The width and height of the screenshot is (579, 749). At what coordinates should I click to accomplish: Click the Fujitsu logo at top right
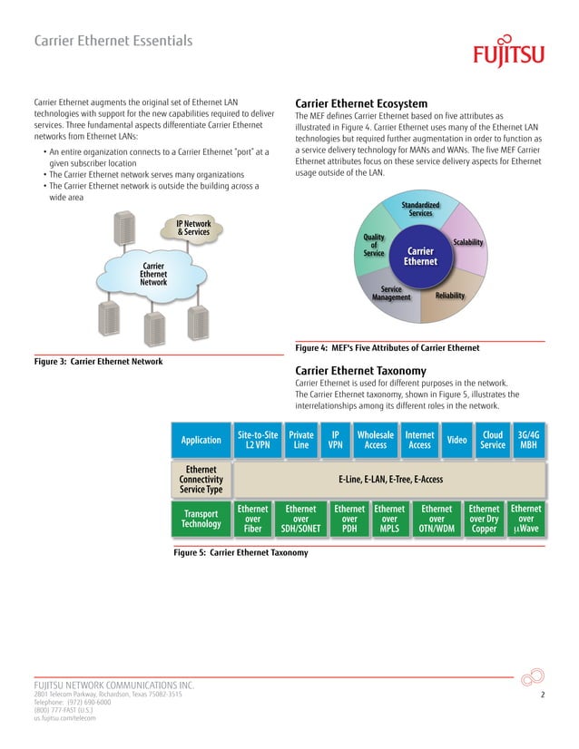click(x=508, y=53)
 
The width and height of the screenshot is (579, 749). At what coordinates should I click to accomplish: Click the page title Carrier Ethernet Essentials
click(x=113, y=41)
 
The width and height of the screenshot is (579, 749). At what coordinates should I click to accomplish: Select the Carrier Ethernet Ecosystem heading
click(x=361, y=103)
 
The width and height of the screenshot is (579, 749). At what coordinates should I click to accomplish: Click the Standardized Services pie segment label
click(x=420, y=209)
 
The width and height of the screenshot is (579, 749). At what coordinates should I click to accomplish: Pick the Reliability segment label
click(x=450, y=297)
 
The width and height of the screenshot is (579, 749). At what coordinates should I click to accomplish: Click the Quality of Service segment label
click(x=374, y=244)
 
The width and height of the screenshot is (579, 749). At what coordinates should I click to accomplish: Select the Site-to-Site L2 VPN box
click(x=257, y=440)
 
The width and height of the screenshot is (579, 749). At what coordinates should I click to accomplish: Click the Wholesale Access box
click(x=375, y=440)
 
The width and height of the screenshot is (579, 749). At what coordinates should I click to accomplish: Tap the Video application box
click(x=457, y=440)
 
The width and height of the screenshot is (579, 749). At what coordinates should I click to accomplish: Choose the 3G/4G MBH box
click(x=527, y=440)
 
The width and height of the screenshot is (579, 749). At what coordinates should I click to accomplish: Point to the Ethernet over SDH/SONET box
click(x=300, y=519)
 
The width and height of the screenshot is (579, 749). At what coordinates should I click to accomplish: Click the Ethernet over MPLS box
click(x=390, y=519)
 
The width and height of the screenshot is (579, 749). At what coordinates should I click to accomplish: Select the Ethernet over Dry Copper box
click(x=484, y=519)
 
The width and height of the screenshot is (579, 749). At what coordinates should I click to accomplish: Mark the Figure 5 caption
click(x=240, y=552)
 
